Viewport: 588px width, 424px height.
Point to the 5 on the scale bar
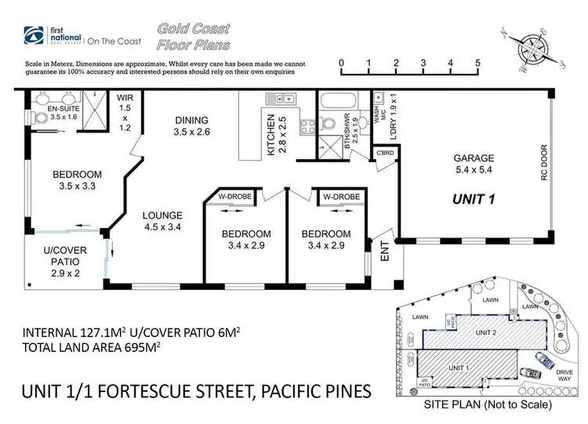[477, 63]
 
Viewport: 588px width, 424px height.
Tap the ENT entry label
[385, 250]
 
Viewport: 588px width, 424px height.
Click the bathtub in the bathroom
[338, 102]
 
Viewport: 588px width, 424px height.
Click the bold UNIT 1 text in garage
[474, 198]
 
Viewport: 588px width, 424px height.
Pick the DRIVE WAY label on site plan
[564, 375]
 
